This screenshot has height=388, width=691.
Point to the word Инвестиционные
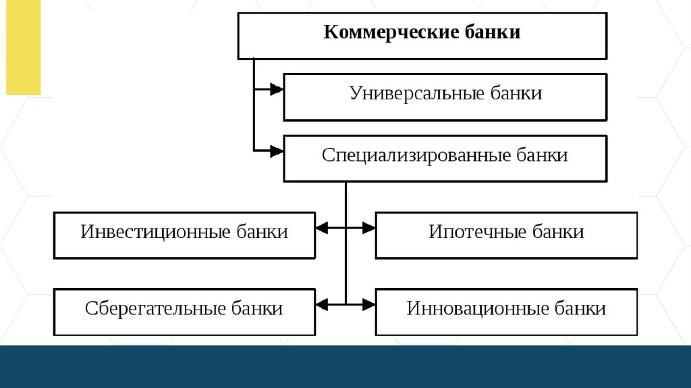[155, 232]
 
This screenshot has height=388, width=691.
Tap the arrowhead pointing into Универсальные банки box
[277, 89]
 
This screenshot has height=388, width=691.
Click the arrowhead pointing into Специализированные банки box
[277, 151]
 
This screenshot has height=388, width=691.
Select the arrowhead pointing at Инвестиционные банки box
[322, 228]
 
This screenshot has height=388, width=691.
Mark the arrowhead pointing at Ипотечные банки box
[368, 228]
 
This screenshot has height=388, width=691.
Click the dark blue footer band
[345, 366]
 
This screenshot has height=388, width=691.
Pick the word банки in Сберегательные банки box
[257, 309]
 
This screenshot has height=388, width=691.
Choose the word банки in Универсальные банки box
[516, 93]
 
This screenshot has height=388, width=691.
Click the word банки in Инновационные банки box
[580, 309]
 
